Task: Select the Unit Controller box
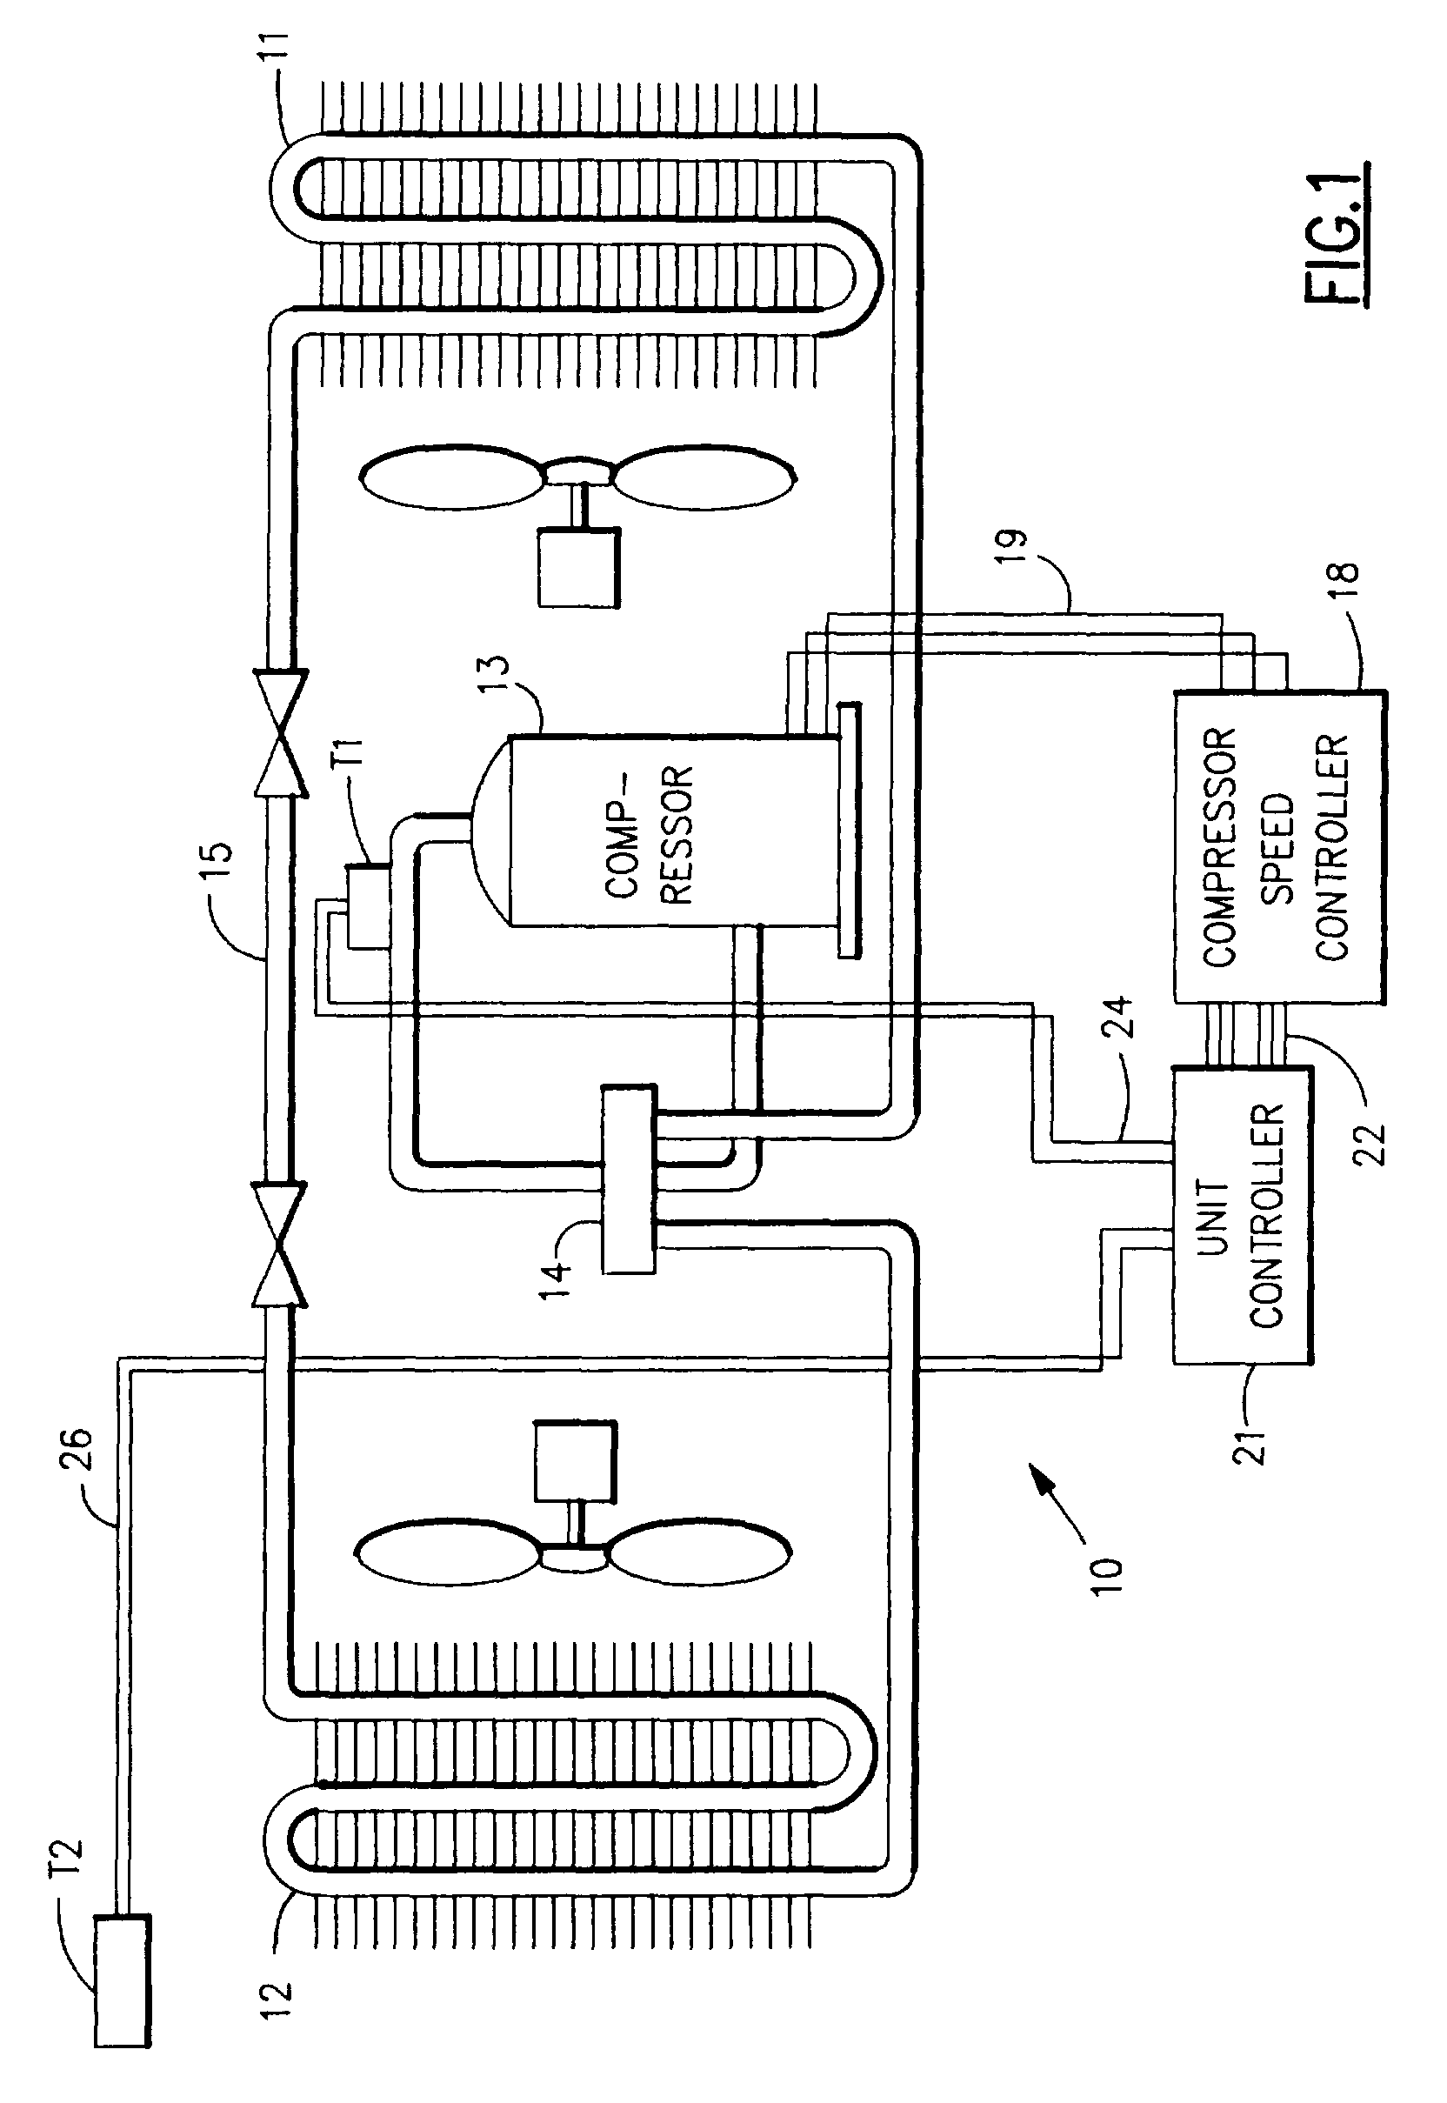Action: (x=1241, y=1215)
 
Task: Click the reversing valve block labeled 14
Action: (x=627, y=1178)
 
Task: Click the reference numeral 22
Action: (x=1370, y=1144)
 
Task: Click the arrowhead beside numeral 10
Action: (x=1044, y=1482)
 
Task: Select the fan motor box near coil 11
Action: (x=578, y=568)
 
